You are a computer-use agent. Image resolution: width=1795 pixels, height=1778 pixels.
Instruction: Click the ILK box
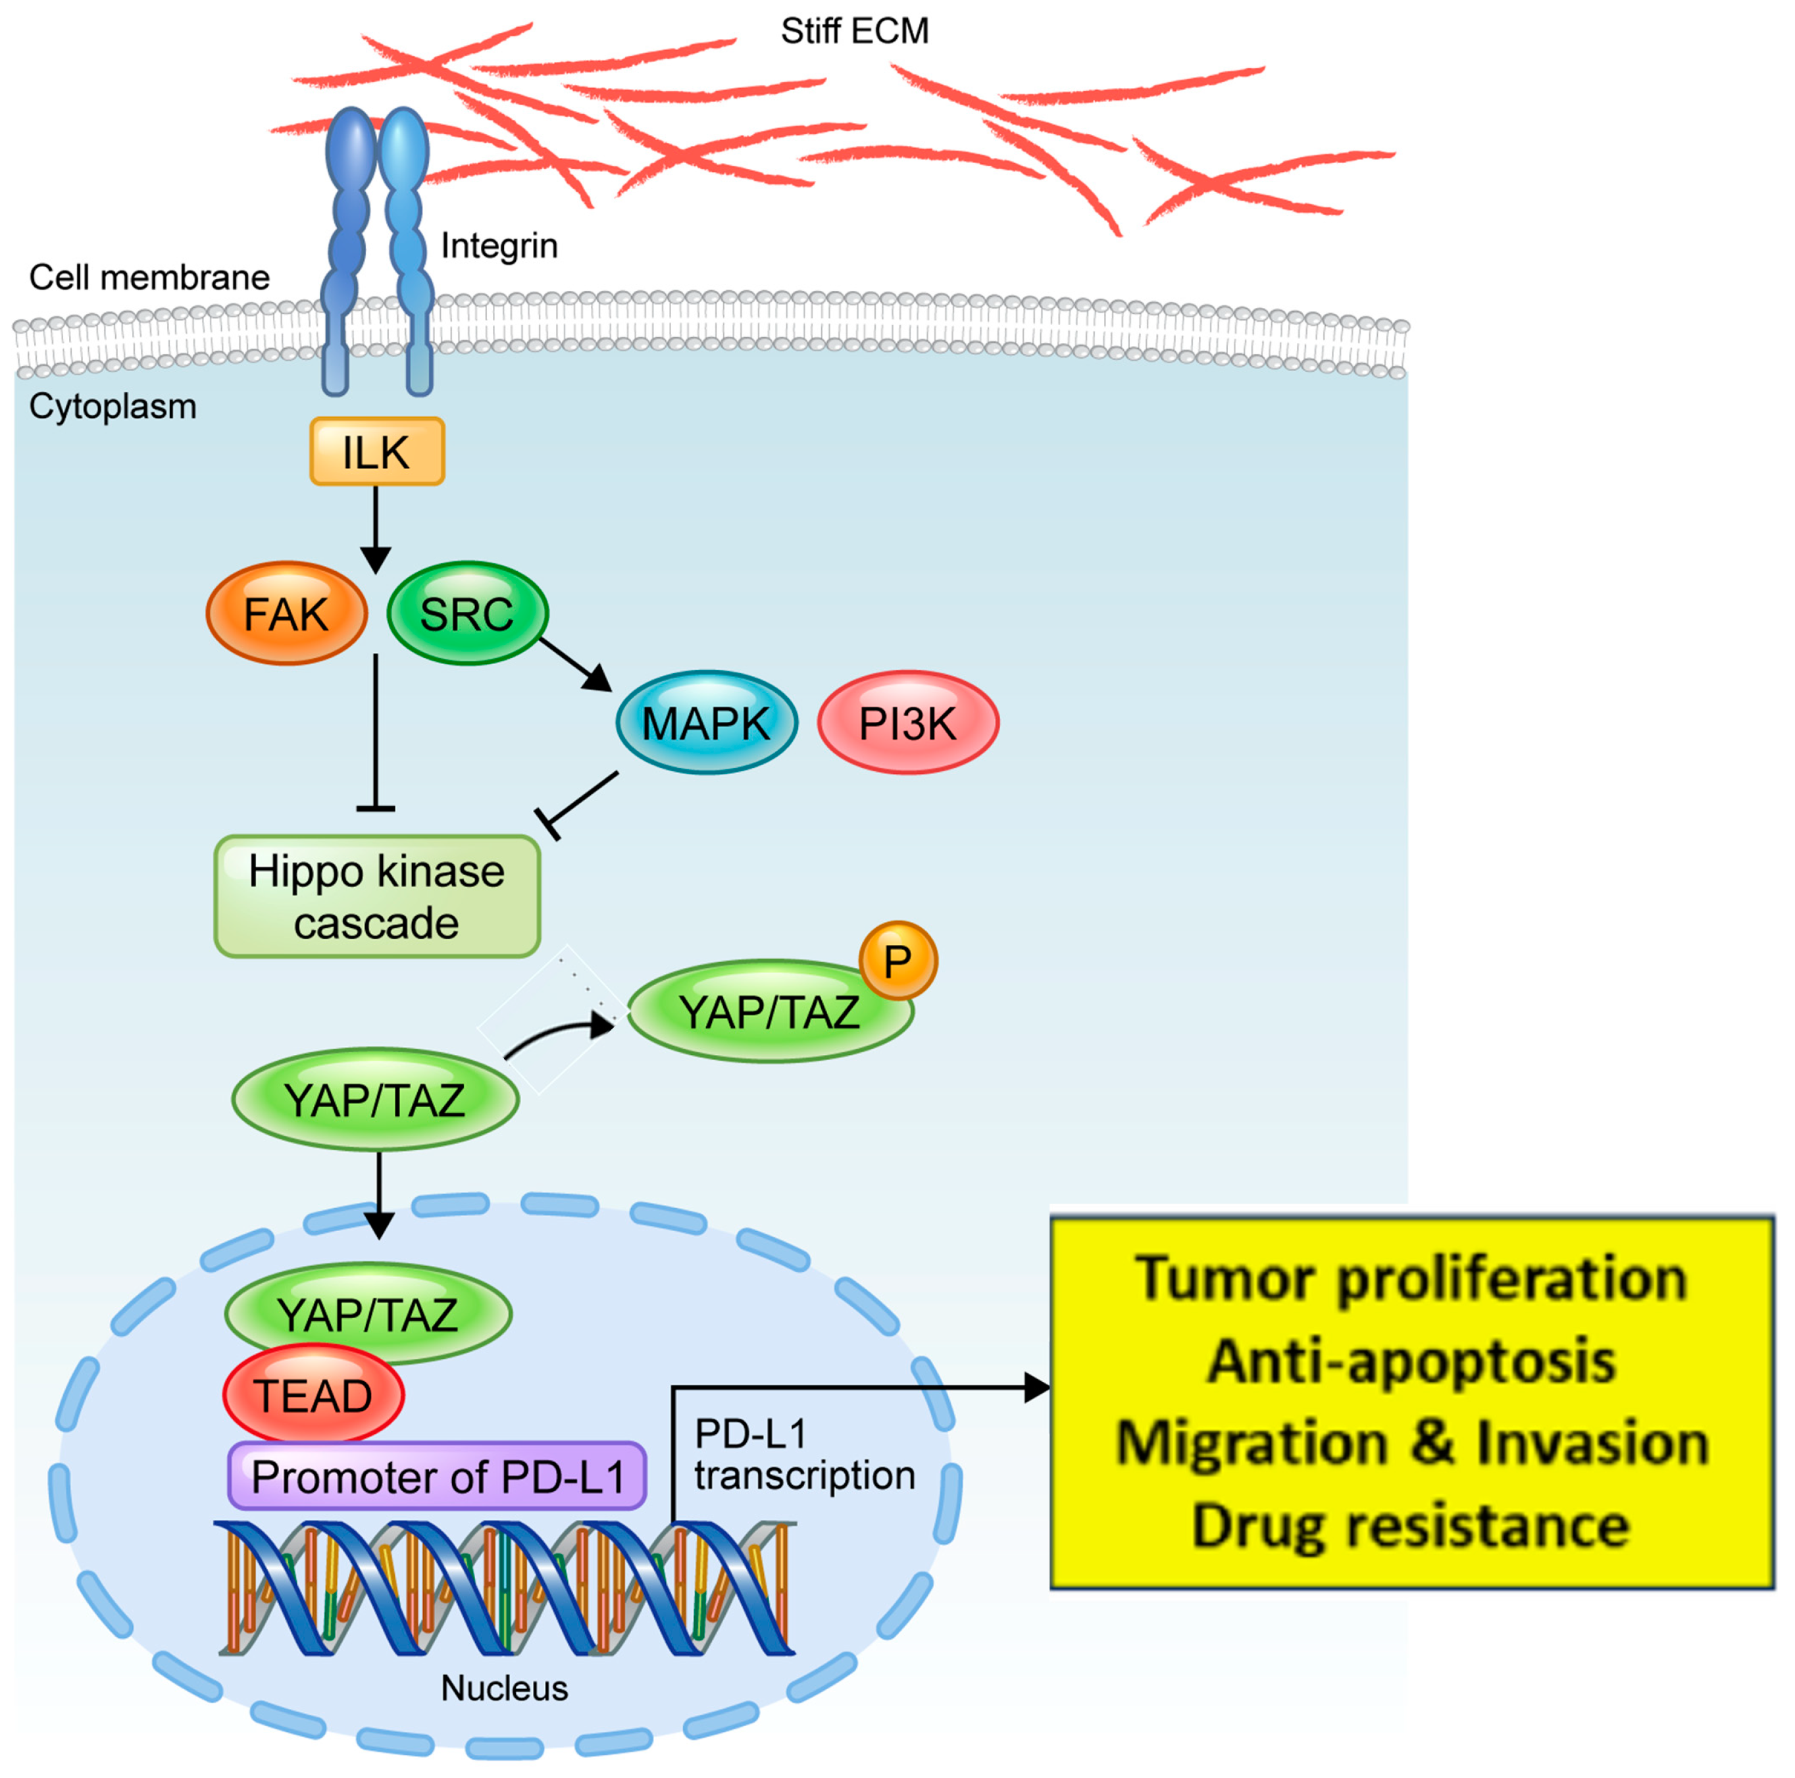[376, 451]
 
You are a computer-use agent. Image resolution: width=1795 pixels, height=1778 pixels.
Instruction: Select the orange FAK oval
[286, 613]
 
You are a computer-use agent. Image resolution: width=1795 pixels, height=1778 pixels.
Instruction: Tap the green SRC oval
[467, 613]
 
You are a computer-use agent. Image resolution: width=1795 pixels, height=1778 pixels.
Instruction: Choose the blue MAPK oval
[706, 723]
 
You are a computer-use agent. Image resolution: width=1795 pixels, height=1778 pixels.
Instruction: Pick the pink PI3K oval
[908, 723]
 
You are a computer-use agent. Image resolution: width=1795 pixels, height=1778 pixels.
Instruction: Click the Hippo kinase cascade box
[377, 896]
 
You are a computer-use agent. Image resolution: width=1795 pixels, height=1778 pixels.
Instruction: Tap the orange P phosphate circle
[897, 961]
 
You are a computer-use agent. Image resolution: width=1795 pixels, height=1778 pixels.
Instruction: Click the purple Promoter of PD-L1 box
[437, 1476]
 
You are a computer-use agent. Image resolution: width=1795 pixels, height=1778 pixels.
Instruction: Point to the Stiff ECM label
[854, 32]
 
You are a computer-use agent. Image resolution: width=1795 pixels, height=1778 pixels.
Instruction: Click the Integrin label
[499, 246]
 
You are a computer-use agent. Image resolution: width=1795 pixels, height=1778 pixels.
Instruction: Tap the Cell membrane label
[149, 277]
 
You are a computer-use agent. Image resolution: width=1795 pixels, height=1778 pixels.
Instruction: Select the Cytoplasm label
[113, 407]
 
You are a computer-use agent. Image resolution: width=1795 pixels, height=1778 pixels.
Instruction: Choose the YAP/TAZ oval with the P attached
[771, 1011]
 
